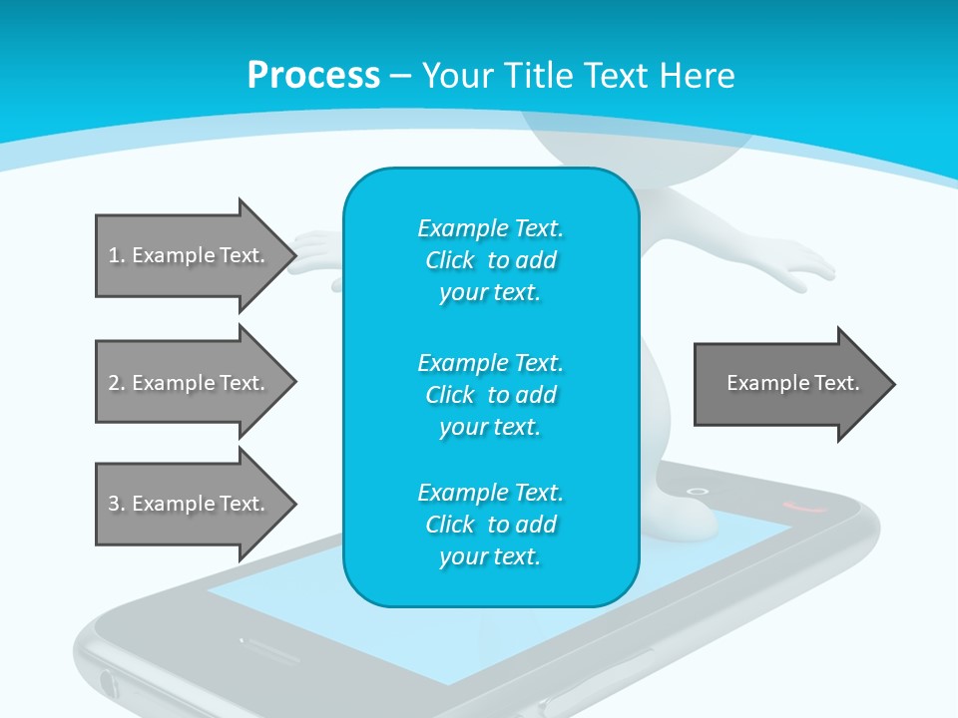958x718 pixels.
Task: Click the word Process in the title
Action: click(313, 76)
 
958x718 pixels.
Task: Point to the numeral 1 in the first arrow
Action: click(114, 255)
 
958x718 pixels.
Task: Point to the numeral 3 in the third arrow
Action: click(114, 504)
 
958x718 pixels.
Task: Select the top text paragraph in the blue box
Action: click(490, 260)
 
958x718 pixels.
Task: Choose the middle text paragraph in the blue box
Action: click(490, 395)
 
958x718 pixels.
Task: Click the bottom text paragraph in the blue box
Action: click(490, 525)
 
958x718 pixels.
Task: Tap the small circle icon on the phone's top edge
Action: click(699, 491)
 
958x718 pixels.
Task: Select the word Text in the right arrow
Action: click(838, 383)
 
